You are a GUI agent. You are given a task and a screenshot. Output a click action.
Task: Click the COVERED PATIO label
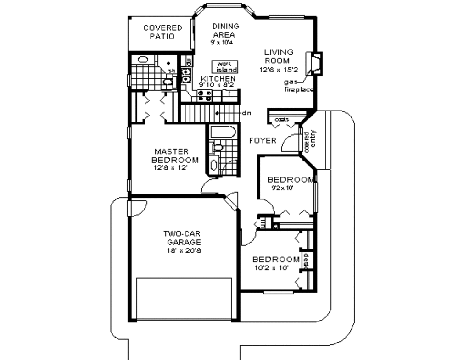click(162, 32)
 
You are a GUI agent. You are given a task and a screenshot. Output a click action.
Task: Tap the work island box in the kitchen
click(224, 67)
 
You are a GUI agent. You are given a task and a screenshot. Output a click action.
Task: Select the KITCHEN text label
click(218, 79)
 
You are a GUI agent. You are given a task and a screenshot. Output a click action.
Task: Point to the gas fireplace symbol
click(315, 63)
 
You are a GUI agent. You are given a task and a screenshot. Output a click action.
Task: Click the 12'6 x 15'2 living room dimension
click(279, 70)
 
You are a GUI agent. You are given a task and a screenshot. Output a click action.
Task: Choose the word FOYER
click(263, 140)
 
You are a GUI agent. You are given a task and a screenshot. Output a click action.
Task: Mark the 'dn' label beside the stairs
click(246, 112)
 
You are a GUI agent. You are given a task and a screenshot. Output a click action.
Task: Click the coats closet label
click(282, 120)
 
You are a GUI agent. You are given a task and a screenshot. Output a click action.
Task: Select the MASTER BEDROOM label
click(175, 156)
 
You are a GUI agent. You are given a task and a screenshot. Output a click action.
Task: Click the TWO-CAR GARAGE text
click(183, 237)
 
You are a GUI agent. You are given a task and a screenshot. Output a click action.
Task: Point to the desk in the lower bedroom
click(306, 260)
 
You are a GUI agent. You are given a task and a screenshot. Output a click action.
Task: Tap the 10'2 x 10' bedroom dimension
click(271, 268)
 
